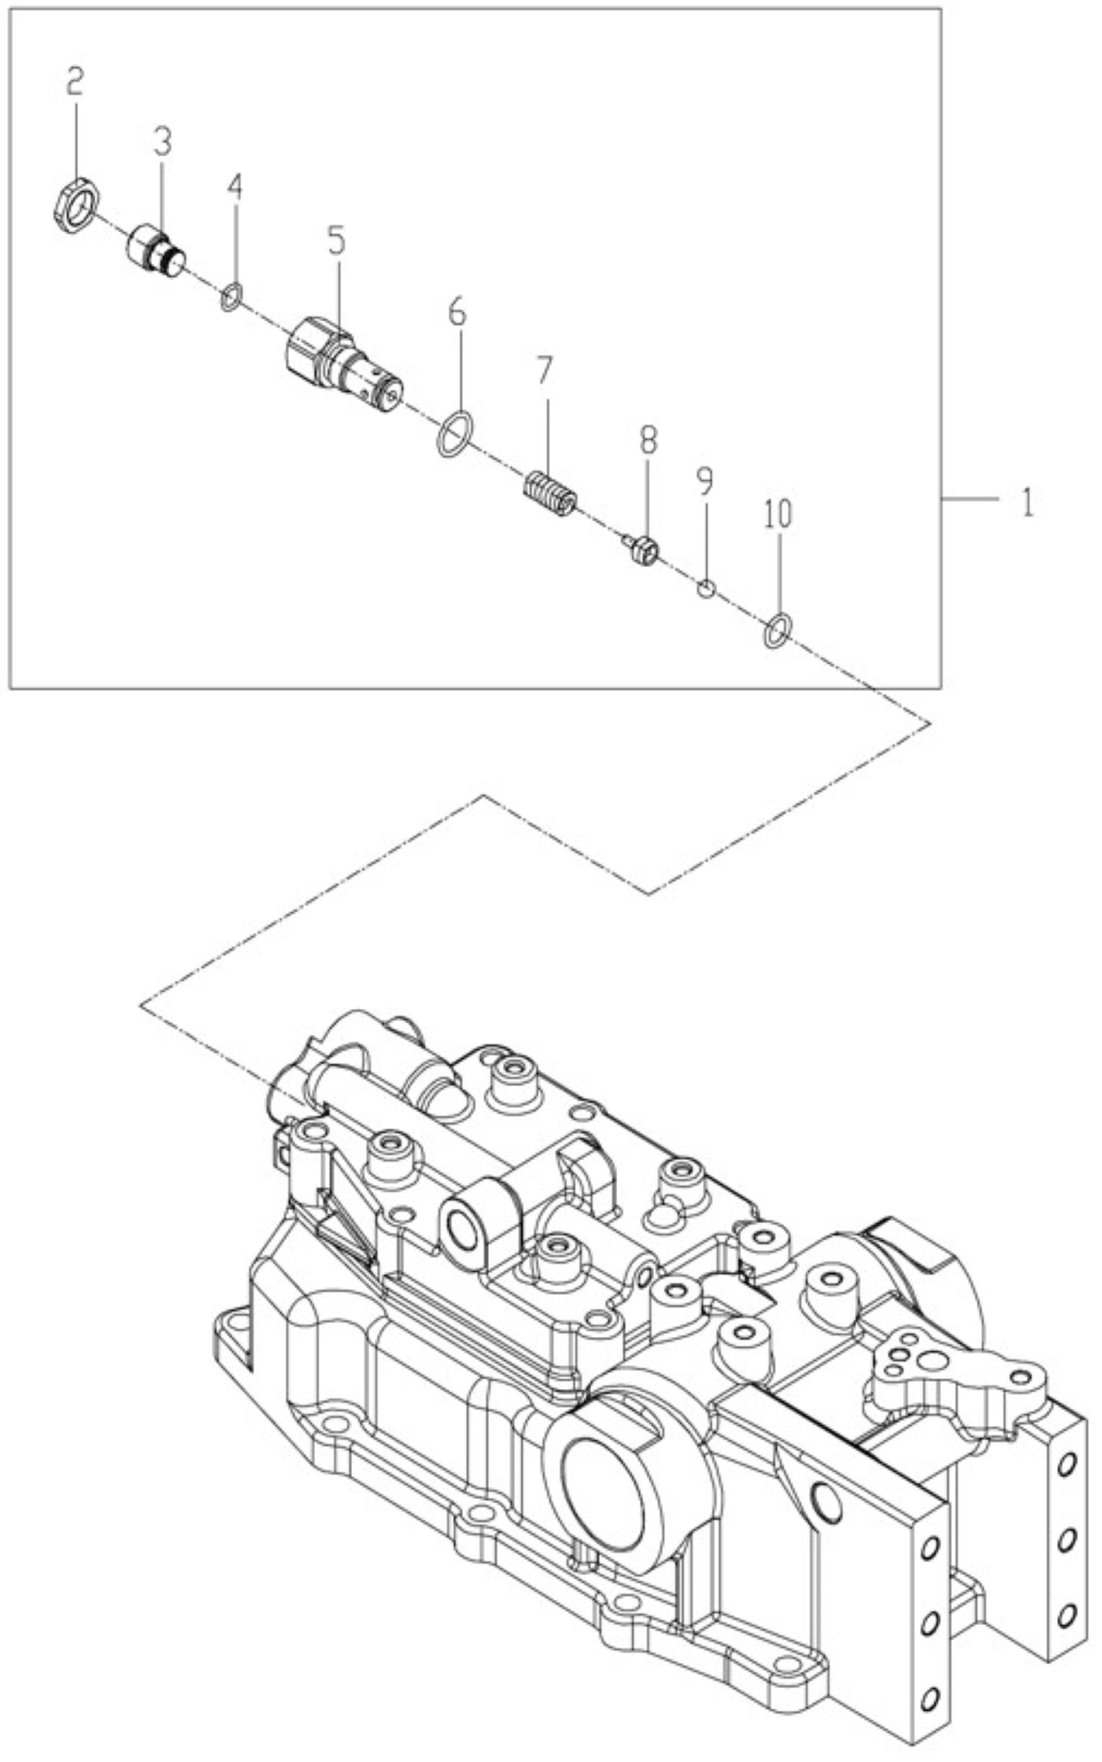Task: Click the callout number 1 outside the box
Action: coord(1027,502)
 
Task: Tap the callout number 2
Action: coord(74,81)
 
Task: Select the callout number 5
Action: coord(336,239)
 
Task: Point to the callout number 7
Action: coord(545,369)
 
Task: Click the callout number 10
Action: coord(777,514)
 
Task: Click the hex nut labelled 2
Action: coord(76,206)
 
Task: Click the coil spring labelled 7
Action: coord(550,494)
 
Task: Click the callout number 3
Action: coord(162,141)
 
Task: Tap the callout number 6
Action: coord(457,312)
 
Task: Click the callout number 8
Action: coord(647,441)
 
